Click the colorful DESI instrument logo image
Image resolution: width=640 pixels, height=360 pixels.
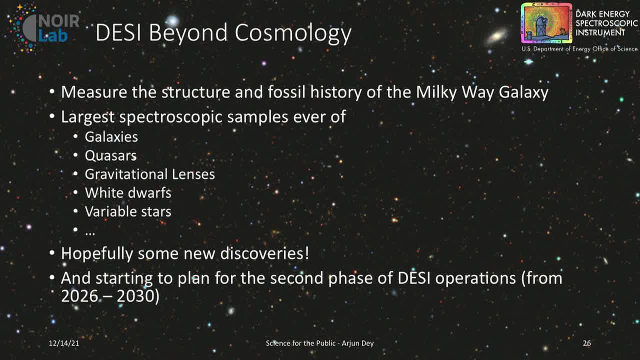(546, 23)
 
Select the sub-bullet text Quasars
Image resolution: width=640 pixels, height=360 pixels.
(110, 155)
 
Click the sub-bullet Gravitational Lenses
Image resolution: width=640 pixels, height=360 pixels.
(149, 174)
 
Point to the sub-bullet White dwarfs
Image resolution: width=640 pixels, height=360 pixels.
(128, 192)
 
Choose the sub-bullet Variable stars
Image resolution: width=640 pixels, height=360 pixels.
(128, 211)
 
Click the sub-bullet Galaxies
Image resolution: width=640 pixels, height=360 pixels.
(111, 136)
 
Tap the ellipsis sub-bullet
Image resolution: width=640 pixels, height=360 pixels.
(90, 231)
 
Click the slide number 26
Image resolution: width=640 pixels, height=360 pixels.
(586, 343)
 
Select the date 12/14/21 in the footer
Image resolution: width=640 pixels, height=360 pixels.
(64, 343)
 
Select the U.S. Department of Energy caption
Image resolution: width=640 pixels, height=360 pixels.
(579, 49)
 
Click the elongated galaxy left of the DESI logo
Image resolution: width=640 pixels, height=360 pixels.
(497, 36)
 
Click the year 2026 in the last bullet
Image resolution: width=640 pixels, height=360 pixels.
(79, 296)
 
